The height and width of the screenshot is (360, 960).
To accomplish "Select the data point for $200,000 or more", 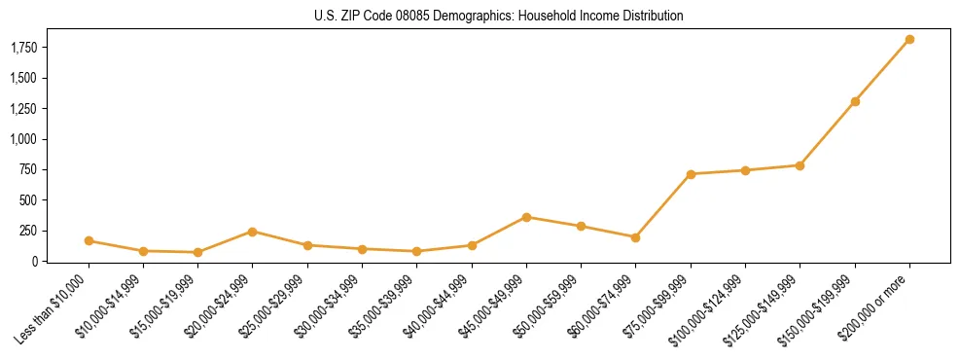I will tap(909, 40).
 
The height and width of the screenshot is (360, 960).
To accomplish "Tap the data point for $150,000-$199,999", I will tap(855, 101).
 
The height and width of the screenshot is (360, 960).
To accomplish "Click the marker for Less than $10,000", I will tap(89, 240).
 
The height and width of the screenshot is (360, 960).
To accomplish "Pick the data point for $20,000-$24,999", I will tap(253, 232).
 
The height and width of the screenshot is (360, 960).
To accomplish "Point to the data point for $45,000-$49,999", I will tap(526, 217).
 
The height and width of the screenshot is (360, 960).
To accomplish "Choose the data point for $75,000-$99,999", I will tap(691, 174).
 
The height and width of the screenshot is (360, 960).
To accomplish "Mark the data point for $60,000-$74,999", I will tap(635, 237).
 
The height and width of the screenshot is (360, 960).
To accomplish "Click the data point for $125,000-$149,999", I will tap(800, 165).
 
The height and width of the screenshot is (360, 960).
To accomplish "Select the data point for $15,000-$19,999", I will tap(197, 252).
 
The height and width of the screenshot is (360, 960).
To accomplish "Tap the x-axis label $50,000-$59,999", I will tap(551, 305).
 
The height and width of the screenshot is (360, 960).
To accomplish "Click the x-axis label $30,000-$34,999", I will tap(332, 305).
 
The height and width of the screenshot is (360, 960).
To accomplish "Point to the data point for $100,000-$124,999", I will tap(745, 170).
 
